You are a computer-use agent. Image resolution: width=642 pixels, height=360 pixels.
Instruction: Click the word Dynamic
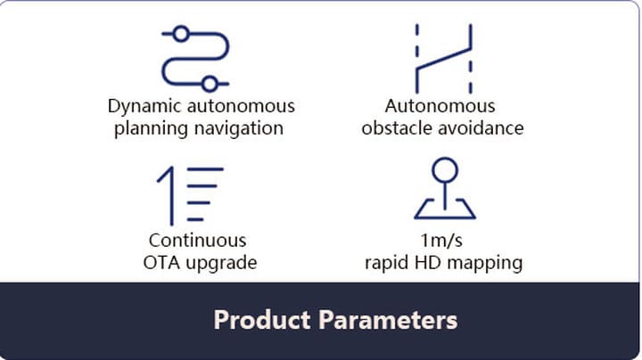144,107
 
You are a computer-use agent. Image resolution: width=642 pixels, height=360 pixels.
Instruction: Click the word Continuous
197,240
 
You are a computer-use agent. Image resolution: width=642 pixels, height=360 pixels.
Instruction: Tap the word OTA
161,263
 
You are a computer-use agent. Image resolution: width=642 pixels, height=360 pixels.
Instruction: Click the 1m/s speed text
441,240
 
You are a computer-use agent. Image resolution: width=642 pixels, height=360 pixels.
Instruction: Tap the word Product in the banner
262,320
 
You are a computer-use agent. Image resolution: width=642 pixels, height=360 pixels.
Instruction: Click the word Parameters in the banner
388,320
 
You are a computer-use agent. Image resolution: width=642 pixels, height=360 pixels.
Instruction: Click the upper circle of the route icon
181,34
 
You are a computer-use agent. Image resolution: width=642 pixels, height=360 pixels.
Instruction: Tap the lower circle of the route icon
210,85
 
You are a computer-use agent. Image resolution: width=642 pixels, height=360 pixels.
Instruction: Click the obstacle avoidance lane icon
443,58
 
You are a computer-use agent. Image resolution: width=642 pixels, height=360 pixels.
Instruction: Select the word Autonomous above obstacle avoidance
440,106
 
